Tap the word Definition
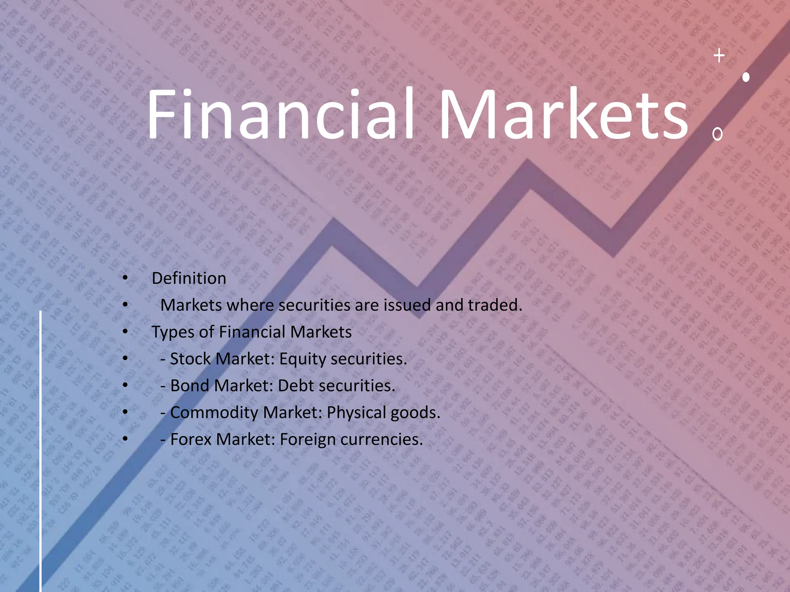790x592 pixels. click(x=189, y=278)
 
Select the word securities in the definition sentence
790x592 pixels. click(x=315, y=305)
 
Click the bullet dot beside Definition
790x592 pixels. click(x=125, y=278)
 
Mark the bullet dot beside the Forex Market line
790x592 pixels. click(x=125, y=439)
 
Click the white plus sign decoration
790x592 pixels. click(x=719, y=56)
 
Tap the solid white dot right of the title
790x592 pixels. click(x=746, y=77)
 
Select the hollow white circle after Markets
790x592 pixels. click(x=717, y=134)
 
